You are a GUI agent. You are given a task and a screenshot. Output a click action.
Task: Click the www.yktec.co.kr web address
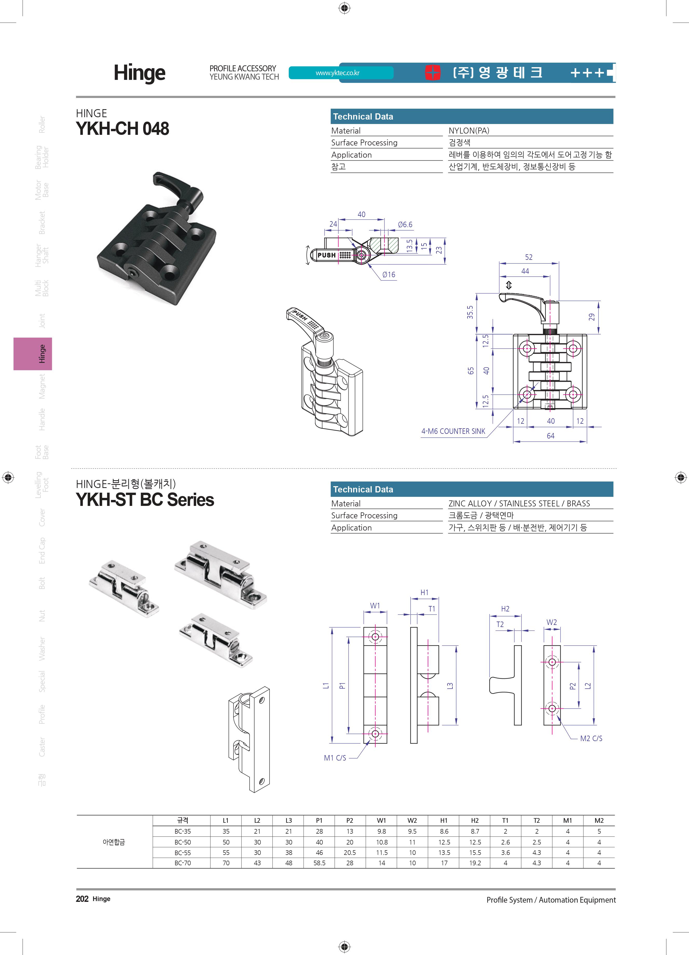(x=337, y=73)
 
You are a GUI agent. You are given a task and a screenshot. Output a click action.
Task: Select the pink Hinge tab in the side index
(x=33, y=354)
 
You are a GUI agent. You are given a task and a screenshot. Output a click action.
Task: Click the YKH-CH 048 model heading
(x=122, y=128)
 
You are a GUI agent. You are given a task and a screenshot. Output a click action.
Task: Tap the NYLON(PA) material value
(x=469, y=130)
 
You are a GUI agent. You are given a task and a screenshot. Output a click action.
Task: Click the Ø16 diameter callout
(x=389, y=275)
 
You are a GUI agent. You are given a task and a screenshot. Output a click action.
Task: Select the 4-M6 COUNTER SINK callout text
(x=453, y=431)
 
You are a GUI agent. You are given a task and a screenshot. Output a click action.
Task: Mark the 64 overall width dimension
(x=550, y=436)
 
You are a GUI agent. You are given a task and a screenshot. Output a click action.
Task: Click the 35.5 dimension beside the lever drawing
(x=470, y=312)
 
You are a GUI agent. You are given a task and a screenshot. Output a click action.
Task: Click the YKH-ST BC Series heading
(x=145, y=500)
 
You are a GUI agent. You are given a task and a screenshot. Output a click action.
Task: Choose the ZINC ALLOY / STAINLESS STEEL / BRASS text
(x=519, y=504)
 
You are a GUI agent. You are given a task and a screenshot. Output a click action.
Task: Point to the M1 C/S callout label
(x=335, y=758)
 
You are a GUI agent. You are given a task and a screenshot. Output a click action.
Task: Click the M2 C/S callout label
(x=591, y=738)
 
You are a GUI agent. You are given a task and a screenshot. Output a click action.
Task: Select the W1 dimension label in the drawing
(x=375, y=605)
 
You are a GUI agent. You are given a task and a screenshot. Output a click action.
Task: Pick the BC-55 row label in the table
(x=183, y=852)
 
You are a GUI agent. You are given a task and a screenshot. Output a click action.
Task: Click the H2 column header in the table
(x=475, y=820)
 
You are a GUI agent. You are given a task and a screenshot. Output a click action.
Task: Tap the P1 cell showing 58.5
(x=319, y=863)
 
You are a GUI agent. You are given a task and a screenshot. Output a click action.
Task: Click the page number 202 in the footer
(x=82, y=899)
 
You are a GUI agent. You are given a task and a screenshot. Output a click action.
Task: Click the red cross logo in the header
(x=432, y=72)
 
